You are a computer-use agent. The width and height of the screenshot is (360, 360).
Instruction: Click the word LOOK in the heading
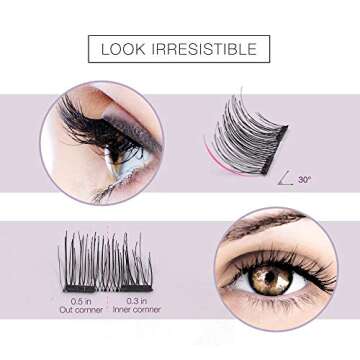129,49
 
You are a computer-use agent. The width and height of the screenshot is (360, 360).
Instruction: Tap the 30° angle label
305,179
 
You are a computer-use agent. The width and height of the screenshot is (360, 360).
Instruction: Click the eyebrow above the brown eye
262,226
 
